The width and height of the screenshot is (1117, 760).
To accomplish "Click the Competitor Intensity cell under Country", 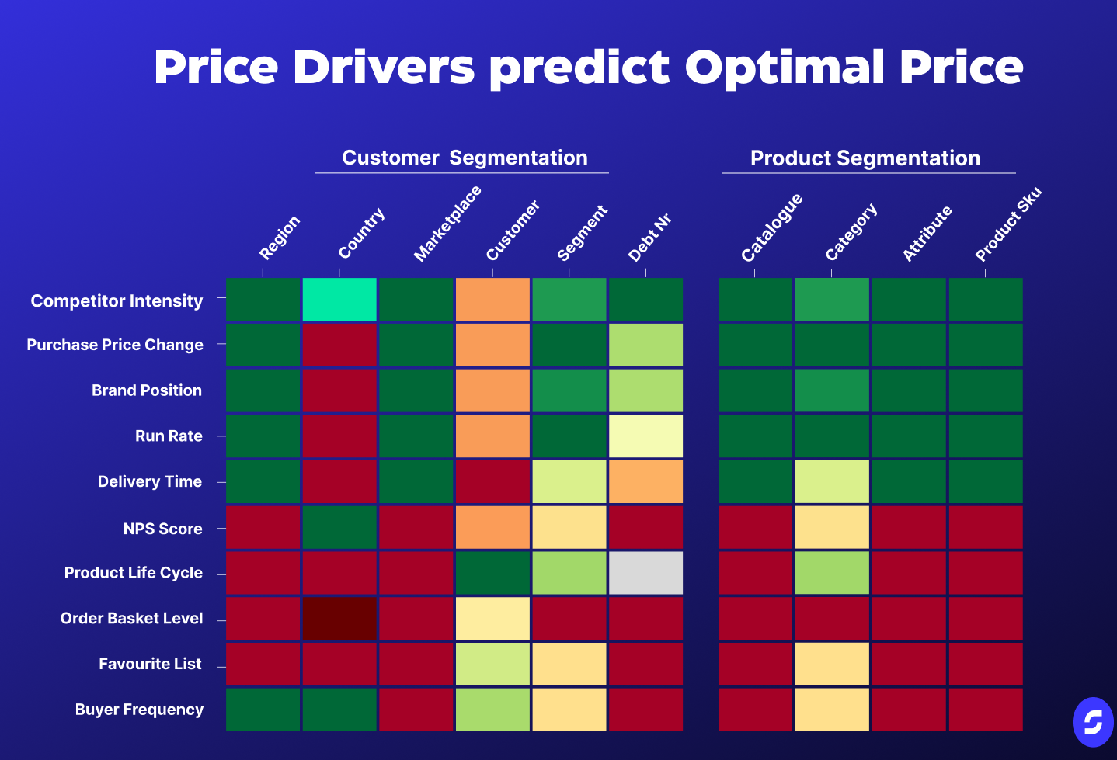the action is [339, 299].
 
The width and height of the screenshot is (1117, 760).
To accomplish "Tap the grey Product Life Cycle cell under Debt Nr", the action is [645, 573].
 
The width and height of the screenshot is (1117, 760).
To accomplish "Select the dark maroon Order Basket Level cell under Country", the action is [339, 619].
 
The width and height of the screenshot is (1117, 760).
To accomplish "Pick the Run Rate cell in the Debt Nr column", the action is [645, 436].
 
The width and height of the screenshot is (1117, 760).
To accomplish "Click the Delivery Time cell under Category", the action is [832, 481].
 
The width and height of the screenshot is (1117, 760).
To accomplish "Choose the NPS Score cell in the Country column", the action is [339, 527].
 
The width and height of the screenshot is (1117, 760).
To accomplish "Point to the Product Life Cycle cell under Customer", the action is [492, 573].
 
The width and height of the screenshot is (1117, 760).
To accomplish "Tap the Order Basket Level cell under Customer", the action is [492, 619].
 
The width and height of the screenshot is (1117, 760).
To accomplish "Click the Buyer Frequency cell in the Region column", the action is [263, 710].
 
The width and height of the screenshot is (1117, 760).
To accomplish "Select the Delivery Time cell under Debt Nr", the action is [645, 481].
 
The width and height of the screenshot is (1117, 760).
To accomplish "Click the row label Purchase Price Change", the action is [115, 345].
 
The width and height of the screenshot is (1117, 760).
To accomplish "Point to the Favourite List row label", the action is [150, 664].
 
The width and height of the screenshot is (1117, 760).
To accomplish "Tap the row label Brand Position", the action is [147, 390].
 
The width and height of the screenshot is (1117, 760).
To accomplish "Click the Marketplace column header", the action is [447, 224].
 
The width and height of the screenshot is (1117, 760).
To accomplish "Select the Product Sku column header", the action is [1008, 224].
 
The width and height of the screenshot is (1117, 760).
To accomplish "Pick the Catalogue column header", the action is [771, 227].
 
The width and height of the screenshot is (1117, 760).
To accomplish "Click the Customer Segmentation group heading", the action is [465, 158].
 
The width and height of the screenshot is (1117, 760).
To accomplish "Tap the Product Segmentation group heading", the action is [865, 158].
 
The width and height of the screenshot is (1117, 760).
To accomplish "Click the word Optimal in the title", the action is [785, 68].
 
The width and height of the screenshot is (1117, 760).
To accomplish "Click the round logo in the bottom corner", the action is [1093, 722].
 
